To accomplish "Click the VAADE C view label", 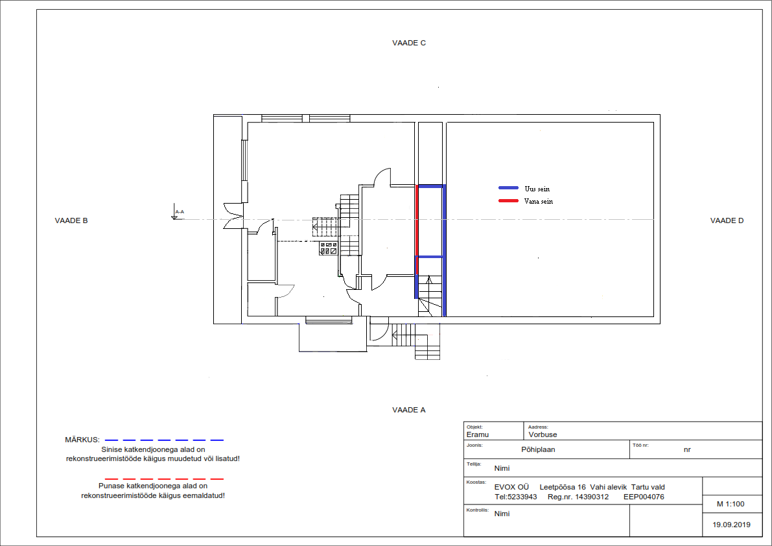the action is tap(408, 43).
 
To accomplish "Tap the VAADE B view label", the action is tap(71, 220).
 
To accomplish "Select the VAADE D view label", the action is tap(727, 220).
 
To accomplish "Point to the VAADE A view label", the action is tap(408, 410).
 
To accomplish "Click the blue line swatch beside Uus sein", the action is tap(509, 187).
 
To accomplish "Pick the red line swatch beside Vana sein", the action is tap(509, 200).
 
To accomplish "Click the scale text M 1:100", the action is tap(731, 504).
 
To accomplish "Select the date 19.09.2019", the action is tap(732, 525).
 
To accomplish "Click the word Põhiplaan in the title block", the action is tap(538, 449).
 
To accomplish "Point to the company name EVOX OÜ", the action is tap(511, 487).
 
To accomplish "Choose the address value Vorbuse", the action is tap(543, 434).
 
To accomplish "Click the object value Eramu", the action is tap(478, 434).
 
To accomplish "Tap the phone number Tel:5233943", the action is tap(515, 497).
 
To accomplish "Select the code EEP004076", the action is tap(644, 497).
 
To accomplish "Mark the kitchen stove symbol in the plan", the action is tap(329, 248).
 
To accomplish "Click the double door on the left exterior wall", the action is tap(233, 216).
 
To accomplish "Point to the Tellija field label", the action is tap(473, 464).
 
